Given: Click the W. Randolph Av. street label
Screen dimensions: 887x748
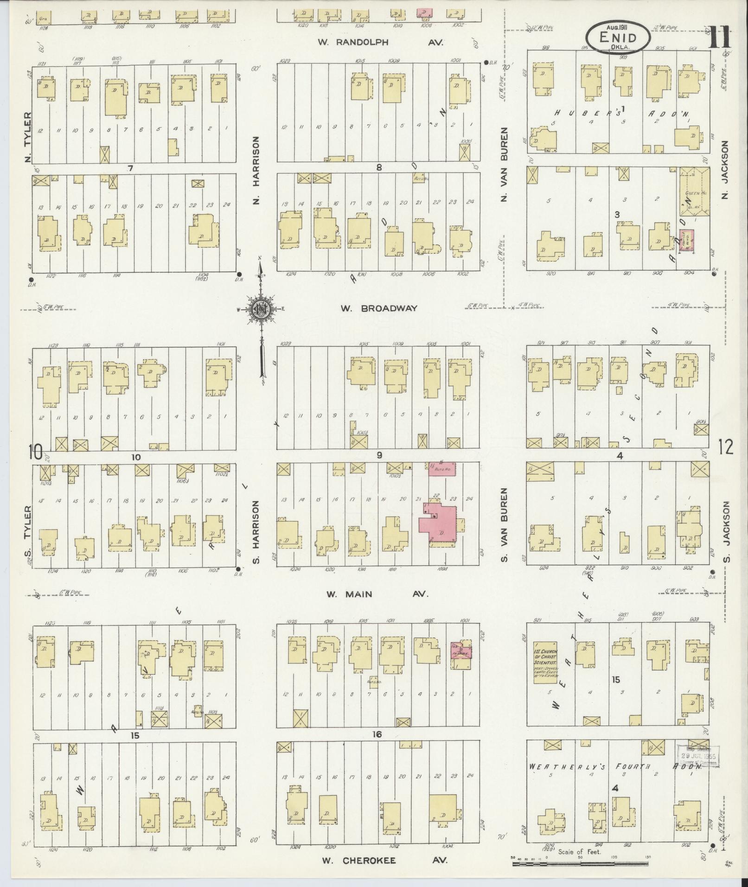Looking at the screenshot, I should pos(380,42).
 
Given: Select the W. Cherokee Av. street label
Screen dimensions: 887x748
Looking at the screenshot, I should pos(385,860).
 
